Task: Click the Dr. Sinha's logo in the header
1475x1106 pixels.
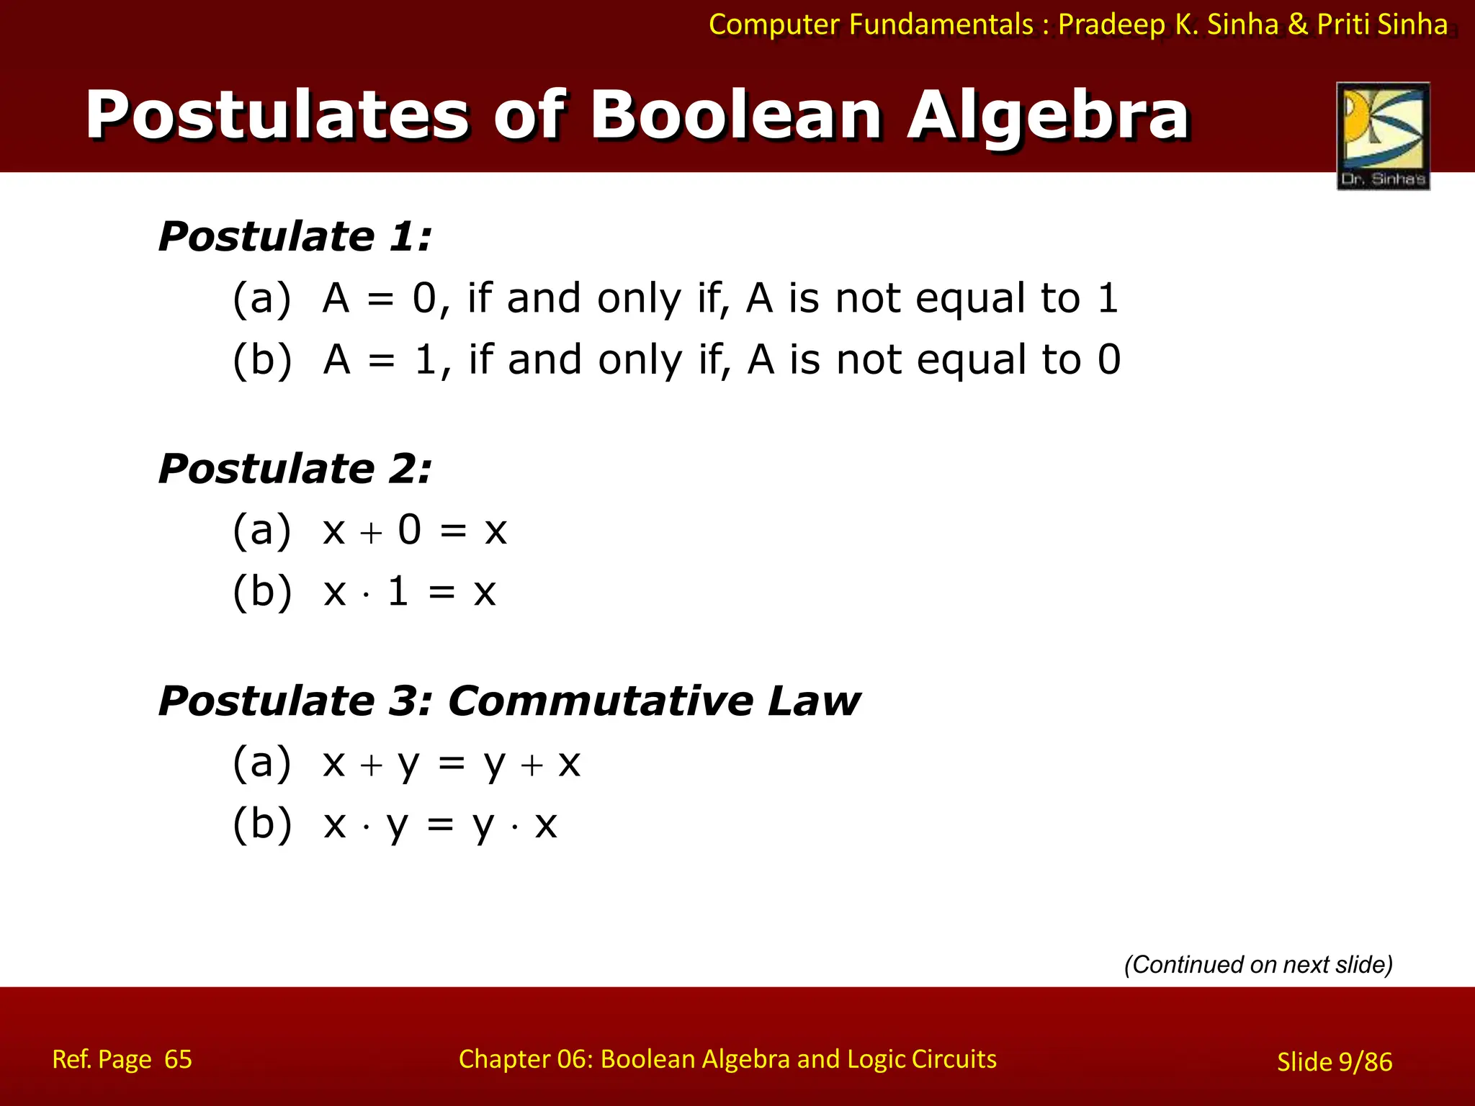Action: (1383, 135)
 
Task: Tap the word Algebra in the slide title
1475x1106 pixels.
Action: (1048, 115)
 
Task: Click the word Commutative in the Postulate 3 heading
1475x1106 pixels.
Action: (599, 701)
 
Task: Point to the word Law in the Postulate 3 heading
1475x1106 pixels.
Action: (814, 701)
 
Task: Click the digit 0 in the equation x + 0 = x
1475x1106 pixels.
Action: (410, 531)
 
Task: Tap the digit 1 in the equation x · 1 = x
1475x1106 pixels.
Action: (398, 592)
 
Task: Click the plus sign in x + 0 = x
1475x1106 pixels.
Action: (371, 533)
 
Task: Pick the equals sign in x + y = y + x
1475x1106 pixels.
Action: (452, 764)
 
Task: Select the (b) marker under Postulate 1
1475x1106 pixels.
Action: (262, 360)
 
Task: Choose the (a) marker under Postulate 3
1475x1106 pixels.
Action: (262, 763)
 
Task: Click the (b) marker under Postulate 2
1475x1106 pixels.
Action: (262, 592)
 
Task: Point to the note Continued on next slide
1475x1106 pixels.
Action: (1258, 964)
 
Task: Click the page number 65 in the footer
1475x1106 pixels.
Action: (178, 1059)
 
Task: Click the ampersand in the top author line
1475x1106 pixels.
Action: (1298, 24)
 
